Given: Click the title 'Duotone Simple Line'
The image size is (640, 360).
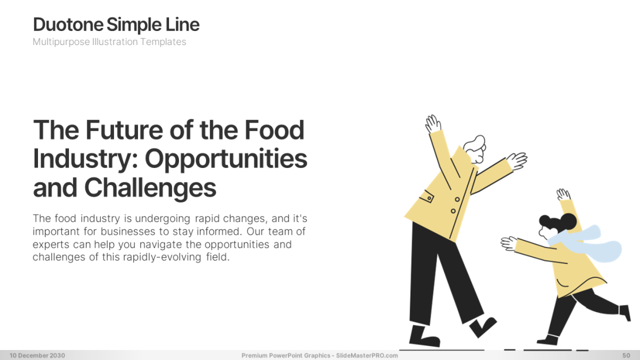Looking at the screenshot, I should coord(116,25).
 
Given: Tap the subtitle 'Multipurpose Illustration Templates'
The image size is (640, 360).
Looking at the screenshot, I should coord(109,42).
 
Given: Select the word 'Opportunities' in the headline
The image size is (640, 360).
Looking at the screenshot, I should coord(226,159).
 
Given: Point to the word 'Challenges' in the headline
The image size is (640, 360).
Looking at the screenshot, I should coord(150,187).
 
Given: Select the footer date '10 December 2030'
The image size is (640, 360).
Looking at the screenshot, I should coord(37,355).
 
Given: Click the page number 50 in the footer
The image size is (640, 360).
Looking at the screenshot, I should coord(626,355).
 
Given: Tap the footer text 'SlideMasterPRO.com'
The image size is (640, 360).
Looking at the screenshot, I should coord(367,355).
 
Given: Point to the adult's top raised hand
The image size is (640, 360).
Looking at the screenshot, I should coord(433,124).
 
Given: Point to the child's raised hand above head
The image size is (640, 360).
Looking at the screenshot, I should coord(563,195).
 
